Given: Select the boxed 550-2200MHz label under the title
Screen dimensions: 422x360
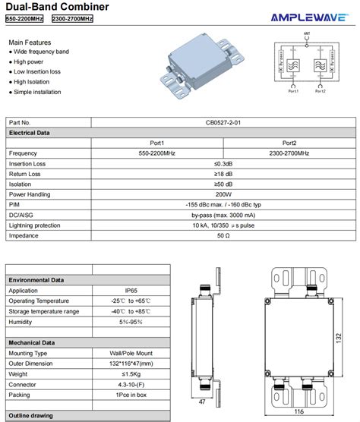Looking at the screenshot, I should pyautogui.click(x=26, y=19).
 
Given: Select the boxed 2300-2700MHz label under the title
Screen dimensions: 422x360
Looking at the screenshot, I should pyautogui.click(x=72, y=19).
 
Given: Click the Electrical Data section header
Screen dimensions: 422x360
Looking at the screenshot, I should pyautogui.click(x=30, y=133).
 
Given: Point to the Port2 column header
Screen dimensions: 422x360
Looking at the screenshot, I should pyautogui.click(x=289, y=143).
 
